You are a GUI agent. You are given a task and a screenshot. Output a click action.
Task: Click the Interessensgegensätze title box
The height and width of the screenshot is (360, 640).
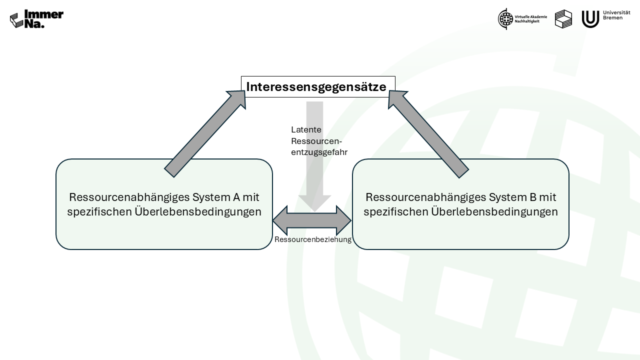(318, 86)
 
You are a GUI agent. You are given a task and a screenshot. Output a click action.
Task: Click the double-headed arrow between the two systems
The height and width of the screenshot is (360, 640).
(312, 220)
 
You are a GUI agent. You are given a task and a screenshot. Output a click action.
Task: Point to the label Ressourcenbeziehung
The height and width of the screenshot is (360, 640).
(313, 239)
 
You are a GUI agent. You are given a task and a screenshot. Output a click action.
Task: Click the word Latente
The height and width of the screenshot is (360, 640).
(306, 129)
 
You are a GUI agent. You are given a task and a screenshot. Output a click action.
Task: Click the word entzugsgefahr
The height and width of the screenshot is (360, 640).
(319, 152)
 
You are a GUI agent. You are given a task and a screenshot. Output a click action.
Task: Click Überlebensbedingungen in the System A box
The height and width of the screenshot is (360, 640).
(198, 212)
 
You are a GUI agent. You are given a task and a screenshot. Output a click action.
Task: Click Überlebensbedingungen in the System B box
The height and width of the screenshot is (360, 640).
(494, 212)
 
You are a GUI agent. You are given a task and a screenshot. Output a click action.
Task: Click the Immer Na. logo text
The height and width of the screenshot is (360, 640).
(43, 19)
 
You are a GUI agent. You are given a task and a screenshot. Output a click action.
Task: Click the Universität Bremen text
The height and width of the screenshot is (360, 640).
(616, 15)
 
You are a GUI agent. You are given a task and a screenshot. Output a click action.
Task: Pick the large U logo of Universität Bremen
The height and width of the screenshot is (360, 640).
(590, 19)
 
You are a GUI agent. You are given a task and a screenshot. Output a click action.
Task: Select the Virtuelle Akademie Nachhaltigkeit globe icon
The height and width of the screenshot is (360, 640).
(505, 19)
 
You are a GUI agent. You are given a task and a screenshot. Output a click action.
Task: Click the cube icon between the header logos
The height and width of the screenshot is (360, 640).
(563, 19)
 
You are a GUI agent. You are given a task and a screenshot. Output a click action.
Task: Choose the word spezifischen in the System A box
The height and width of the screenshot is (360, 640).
(99, 212)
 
